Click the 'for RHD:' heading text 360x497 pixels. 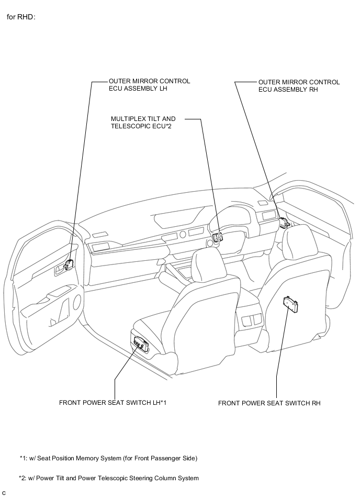(x=21, y=17)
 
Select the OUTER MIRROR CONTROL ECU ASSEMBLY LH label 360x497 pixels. (x=150, y=85)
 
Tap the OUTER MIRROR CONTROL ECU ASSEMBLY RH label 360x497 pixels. (x=299, y=85)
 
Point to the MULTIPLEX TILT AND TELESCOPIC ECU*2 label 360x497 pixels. (x=143, y=123)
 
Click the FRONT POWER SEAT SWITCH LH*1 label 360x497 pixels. (x=113, y=403)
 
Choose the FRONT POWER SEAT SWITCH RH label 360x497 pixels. (x=269, y=403)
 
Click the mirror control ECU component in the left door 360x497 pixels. (x=69, y=264)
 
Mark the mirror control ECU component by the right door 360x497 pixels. (x=284, y=222)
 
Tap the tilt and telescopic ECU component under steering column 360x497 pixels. (x=217, y=237)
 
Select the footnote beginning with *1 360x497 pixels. (x=108, y=458)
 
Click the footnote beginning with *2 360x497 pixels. (x=109, y=478)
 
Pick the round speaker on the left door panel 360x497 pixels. (x=77, y=302)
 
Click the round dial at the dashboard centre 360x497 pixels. (x=183, y=235)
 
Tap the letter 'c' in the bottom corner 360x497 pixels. (x=4, y=493)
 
